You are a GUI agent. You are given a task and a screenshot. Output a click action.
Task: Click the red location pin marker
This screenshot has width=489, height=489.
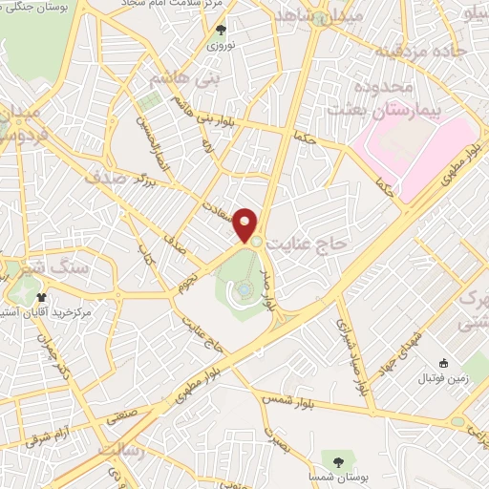coord(246,224)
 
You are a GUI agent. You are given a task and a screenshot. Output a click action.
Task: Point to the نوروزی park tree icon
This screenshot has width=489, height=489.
coord(223,31)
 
